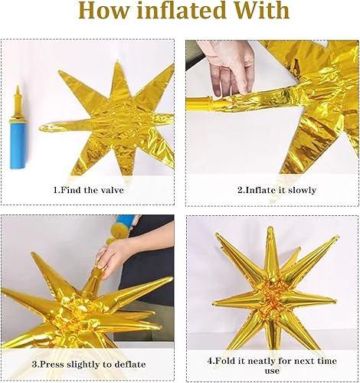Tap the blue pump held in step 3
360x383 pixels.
point(123,228)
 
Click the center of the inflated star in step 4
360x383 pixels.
point(270,295)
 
